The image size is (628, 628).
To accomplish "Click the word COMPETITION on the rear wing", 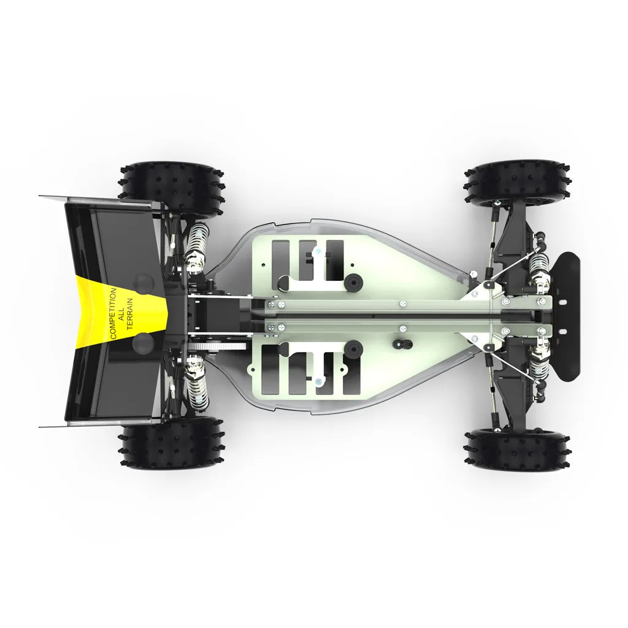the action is [x=113, y=313].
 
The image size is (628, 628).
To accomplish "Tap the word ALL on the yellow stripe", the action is [x=122, y=313].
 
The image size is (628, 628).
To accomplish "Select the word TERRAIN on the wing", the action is [x=130, y=313].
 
